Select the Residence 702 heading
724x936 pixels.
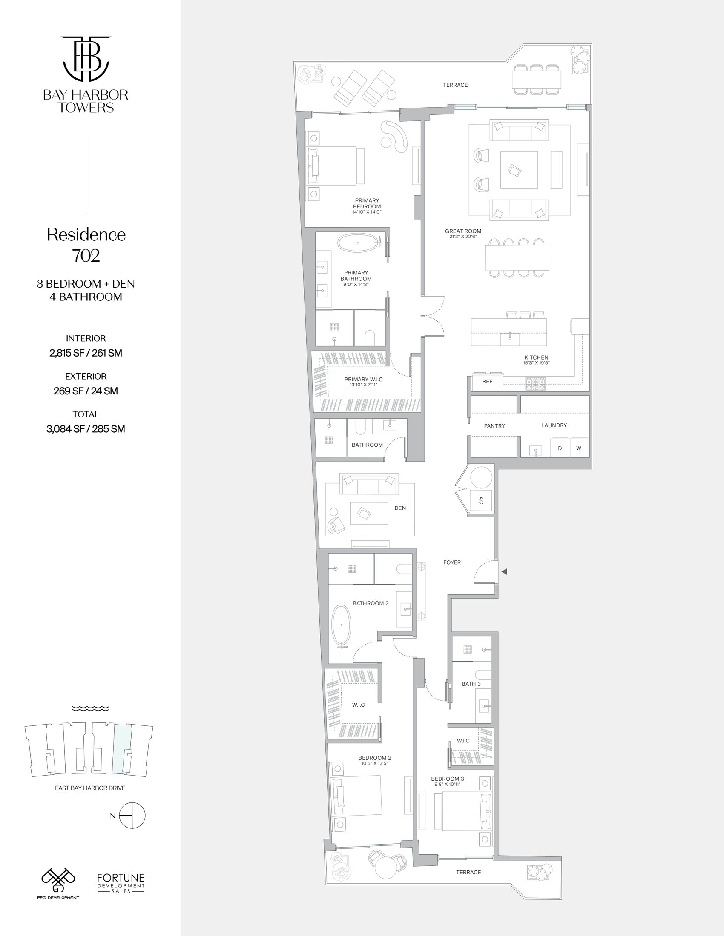(86, 245)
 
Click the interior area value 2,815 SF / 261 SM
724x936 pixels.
(86, 353)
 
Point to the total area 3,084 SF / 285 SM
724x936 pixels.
(86, 429)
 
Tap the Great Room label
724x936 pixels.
(463, 231)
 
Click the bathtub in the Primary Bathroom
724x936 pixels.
(359, 243)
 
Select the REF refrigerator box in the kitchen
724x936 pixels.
(487, 382)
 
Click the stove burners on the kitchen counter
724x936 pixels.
(536, 383)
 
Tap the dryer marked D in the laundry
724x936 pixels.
(560, 448)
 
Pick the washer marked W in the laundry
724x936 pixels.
(579, 448)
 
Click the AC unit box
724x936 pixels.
(481, 500)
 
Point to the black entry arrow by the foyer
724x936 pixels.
(504, 571)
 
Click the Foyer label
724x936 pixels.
(452, 562)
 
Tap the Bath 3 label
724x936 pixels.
(471, 684)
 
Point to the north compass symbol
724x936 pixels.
(132, 816)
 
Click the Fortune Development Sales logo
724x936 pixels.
(121, 883)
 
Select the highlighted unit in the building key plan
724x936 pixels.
(122, 750)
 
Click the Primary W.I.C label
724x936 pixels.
(363, 379)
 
